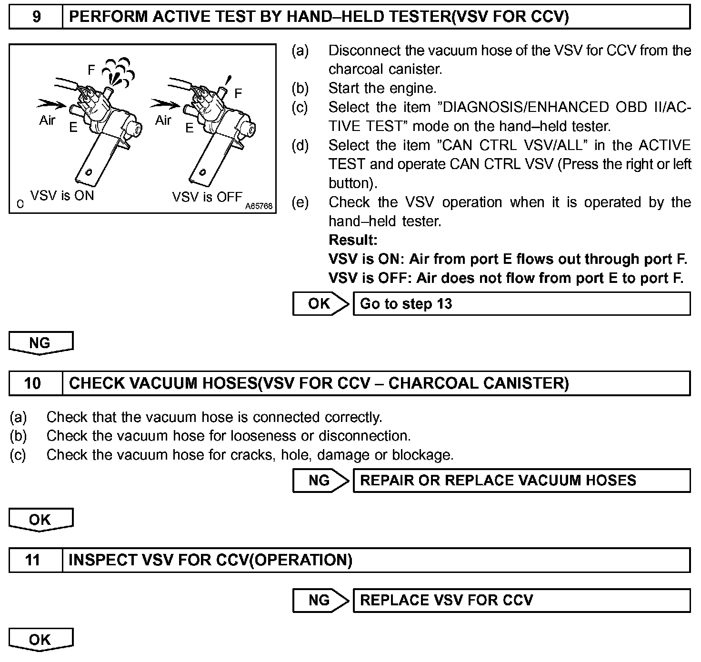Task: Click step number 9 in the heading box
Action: pyautogui.click(x=36, y=17)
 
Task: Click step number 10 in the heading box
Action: pyautogui.click(x=32, y=383)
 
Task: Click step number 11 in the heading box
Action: pyautogui.click(x=32, y=560)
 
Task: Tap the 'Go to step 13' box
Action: pyautogui.click(x=521, y=304)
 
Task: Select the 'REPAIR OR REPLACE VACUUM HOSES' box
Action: pyautogui.click(x=521, y=480)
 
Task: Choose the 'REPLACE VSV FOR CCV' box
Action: pyautogui.click(x=521, y=600)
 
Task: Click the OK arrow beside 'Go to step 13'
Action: pyautogui.click(x=320, y=304)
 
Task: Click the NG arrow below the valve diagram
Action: pyautogui.click(x=40, y=343)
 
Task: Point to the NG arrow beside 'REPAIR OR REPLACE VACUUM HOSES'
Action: pyautogui.click(x=320, y=480)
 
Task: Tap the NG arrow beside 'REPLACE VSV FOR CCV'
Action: pyautogui.click(x=320, y=600)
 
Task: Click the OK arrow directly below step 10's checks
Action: pyautogui.click(x=40, y=520)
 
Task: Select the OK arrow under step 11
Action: pyautogui.click(x=40, y=640)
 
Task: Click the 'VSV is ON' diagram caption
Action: pyautogui.click(x=62, y=195)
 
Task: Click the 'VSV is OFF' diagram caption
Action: pyautogui.click(x=207, y=197)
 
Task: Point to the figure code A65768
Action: pyautogui.click(x=259, y=206)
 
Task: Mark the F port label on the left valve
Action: pyautogui.click(x=91, y=70)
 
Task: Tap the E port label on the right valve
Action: pyautogui.click(x=190, y=128)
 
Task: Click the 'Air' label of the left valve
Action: pyautogui.click(x=47, y=120)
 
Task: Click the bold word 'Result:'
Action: pyautogui.click(x=353, y=240)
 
